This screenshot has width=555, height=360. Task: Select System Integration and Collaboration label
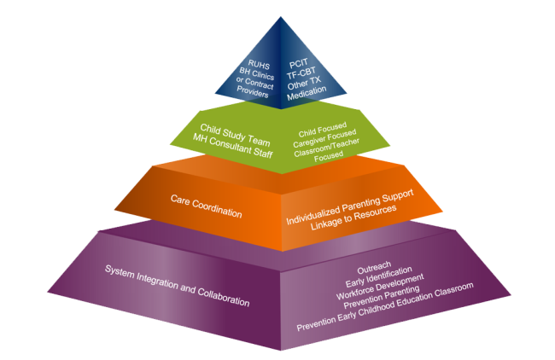tap(178, 285)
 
